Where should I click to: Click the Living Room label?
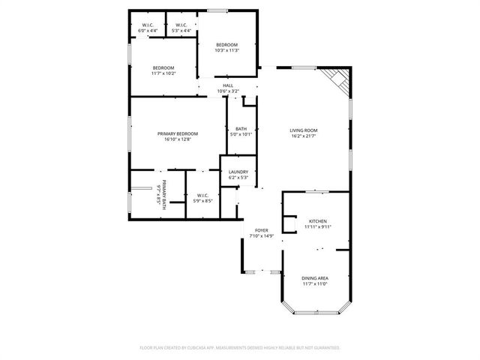point(304,130)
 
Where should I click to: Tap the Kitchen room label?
point(318,221)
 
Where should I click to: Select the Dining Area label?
point(315,278)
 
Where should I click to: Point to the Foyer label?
point(261,231)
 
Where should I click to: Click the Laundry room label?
point(238,172)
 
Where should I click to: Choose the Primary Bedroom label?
point(177,134)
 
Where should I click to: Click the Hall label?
point(227,85)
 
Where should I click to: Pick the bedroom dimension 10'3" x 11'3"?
point(226,50)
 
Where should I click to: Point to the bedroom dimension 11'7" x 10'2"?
point(163,73)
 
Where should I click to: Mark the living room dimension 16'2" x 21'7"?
point(304,136)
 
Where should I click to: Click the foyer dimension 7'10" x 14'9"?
point(261,236)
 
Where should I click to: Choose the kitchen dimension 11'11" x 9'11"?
point(318,226)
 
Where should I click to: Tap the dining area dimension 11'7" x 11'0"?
point(315,283)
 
